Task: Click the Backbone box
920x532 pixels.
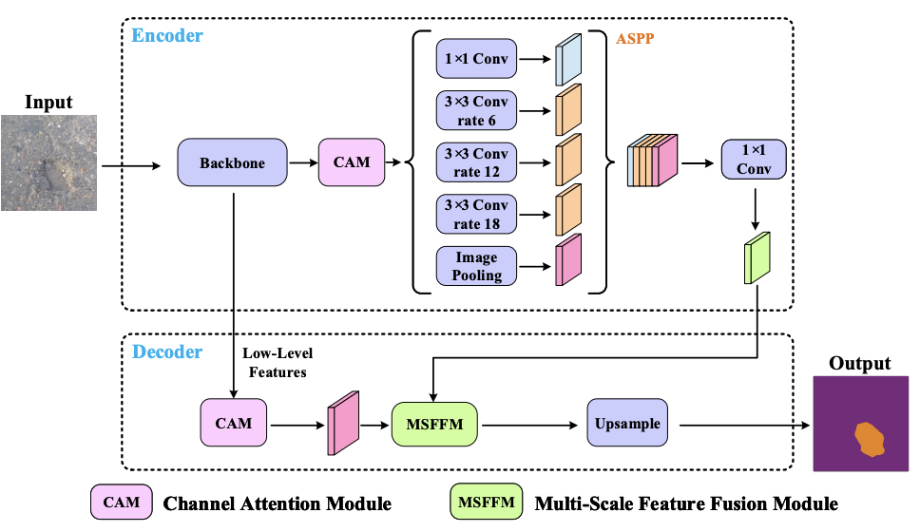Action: point(232,162)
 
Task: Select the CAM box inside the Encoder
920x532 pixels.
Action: point(351,162)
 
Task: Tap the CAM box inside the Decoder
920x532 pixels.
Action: point(233,423)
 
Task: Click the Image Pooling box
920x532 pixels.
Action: point(477,266)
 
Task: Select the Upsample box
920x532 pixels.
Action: point(627,423)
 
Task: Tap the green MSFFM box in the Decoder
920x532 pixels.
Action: point(434,423)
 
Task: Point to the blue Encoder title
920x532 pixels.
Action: point(167,36)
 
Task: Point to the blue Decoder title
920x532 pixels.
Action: point(167,352)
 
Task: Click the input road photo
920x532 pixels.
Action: point(48,162)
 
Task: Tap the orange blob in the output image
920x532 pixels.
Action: point(869,439)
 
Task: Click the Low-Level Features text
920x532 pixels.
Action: point(277,363)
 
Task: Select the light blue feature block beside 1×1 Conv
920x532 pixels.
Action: point(567,60)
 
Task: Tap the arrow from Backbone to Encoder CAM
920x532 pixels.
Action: point(302,162)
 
